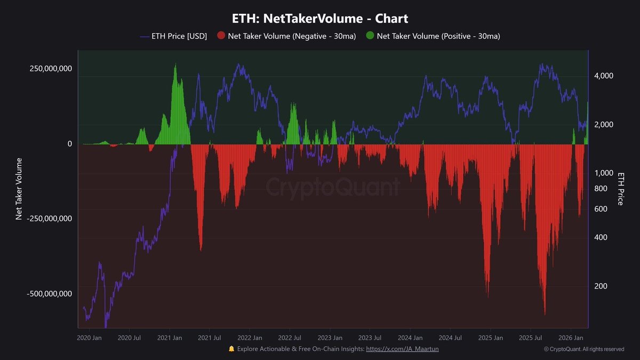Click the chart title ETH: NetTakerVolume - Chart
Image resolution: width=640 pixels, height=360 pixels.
[x=320, y=19]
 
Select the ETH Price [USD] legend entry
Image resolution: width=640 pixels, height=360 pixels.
[x=173, y=36]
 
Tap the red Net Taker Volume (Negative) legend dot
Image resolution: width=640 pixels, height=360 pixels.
[x=221, y=36]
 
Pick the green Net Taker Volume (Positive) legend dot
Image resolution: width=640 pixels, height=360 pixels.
[x=370, y=36]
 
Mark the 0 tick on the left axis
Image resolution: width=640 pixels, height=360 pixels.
[x=69, y=144]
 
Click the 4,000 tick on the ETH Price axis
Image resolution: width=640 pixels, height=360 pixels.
[x=603, y=76]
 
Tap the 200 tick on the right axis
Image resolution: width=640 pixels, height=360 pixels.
[x=600, y=286]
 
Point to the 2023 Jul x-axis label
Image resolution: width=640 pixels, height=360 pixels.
[x=370, y=338]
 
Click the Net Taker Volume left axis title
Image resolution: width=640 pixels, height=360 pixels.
[x=19, y=189]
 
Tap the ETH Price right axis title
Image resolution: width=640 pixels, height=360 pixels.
[x=620, y=189]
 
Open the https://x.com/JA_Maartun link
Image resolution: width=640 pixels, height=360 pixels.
[x=402, y=349]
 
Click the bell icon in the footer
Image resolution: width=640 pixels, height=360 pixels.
[x=231, y=349]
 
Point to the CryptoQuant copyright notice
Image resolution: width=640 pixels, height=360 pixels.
[x=583, y=349]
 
